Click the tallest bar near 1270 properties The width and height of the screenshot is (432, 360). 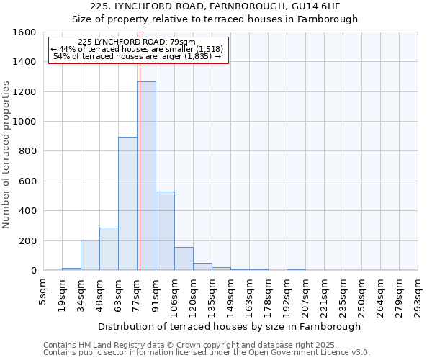point(146,176)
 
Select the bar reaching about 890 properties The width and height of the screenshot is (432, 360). point(127,204)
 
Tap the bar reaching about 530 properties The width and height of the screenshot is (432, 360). point(165,231)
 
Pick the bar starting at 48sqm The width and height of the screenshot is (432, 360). point(109,249)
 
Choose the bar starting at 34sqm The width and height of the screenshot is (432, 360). point(90,255)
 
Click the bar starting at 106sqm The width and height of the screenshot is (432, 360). point(184,259)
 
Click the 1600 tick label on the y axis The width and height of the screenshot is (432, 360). point(24,32)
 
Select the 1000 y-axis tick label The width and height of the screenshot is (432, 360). point(24,122)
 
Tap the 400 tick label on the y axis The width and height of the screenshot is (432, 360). point(27,211)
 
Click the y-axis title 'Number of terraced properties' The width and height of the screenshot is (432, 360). point(6,155)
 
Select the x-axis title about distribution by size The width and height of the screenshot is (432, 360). point(230,326)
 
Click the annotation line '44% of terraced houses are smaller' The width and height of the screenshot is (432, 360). point(138,49)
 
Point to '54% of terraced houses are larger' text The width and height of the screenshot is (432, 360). point(137,56)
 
